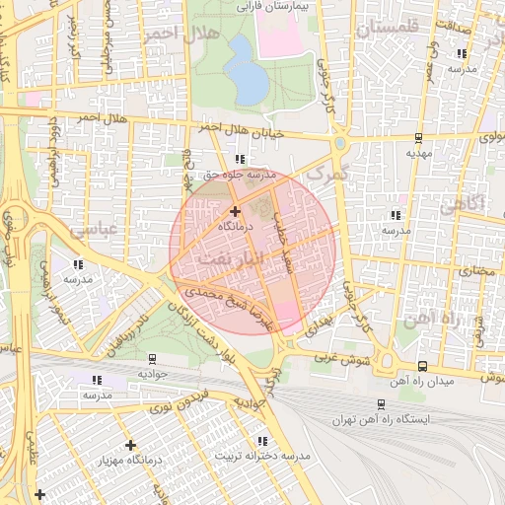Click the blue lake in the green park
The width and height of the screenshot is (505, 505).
[x=246, y=71]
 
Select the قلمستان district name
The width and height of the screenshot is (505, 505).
[x=388, y=27]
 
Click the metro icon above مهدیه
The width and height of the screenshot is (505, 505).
[x=419, y=138]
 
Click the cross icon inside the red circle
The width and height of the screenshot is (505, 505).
[x=235, y=211]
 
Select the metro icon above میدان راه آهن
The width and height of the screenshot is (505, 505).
[x=422, y=365]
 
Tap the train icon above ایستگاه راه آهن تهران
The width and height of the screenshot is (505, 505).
[x=381, y=403]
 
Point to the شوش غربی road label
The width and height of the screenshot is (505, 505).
[x=341, y=359]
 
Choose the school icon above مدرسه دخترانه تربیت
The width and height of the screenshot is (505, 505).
[x=261, y=441]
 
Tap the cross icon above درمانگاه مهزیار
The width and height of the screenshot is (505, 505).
[x=130, y=445]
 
